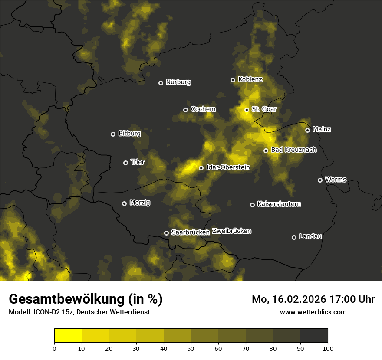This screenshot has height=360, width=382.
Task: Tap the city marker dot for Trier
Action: [126, 163]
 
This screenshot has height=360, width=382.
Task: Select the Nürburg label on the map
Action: [178, 82]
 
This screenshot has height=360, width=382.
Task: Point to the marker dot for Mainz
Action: [308, 130]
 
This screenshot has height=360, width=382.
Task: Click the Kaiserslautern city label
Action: [279, 204]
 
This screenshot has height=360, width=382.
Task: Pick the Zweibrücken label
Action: [231, 231]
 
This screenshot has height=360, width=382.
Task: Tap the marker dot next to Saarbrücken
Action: [166, 233]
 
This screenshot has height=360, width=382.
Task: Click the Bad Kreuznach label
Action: [294, 150]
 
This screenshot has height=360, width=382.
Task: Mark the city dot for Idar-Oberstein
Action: [201, 168]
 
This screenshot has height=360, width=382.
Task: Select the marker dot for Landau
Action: [294, 237]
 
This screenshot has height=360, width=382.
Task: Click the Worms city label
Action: [336, 180]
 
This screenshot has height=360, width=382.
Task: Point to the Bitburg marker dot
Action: [113, 134]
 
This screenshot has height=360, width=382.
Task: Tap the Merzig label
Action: [140, 203]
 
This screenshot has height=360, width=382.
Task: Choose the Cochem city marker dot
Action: [186, 110]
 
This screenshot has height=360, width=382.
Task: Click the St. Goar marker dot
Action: [247, 110]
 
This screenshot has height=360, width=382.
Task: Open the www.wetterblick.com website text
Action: [313, 312]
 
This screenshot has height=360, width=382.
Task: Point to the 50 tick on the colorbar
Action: [191, 348]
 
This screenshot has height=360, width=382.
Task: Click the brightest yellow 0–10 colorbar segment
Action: [68, 336]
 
